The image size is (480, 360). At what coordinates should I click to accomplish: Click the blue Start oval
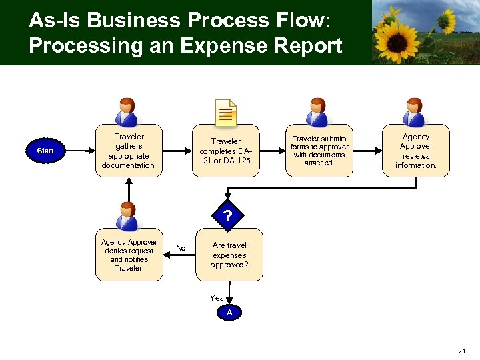click(45, 151)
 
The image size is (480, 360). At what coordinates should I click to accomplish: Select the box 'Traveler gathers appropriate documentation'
click(129, 151)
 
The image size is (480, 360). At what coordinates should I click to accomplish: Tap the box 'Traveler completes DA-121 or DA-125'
click(226, 151)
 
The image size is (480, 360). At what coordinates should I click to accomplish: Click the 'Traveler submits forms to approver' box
click(319, 151)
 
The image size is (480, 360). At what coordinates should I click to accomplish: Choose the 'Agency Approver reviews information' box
click(416, 151)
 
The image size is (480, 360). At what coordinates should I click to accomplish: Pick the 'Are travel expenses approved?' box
click(229, 255)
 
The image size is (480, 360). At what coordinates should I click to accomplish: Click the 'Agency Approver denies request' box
click(129, 255)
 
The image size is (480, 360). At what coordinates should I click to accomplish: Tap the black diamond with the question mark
click(228, 215)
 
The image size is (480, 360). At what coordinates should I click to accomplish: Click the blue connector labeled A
click(229, 313)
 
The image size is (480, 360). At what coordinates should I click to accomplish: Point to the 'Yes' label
click(217, 298)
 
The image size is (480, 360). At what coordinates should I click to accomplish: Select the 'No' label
click(180, 248)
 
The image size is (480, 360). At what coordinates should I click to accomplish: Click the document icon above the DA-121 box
click(226, 112)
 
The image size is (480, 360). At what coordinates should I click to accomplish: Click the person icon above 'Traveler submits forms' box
click(318, 111)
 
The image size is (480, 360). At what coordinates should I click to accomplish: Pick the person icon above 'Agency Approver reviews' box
click(415, 111)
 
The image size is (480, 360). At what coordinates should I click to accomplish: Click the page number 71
click(462, 351)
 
